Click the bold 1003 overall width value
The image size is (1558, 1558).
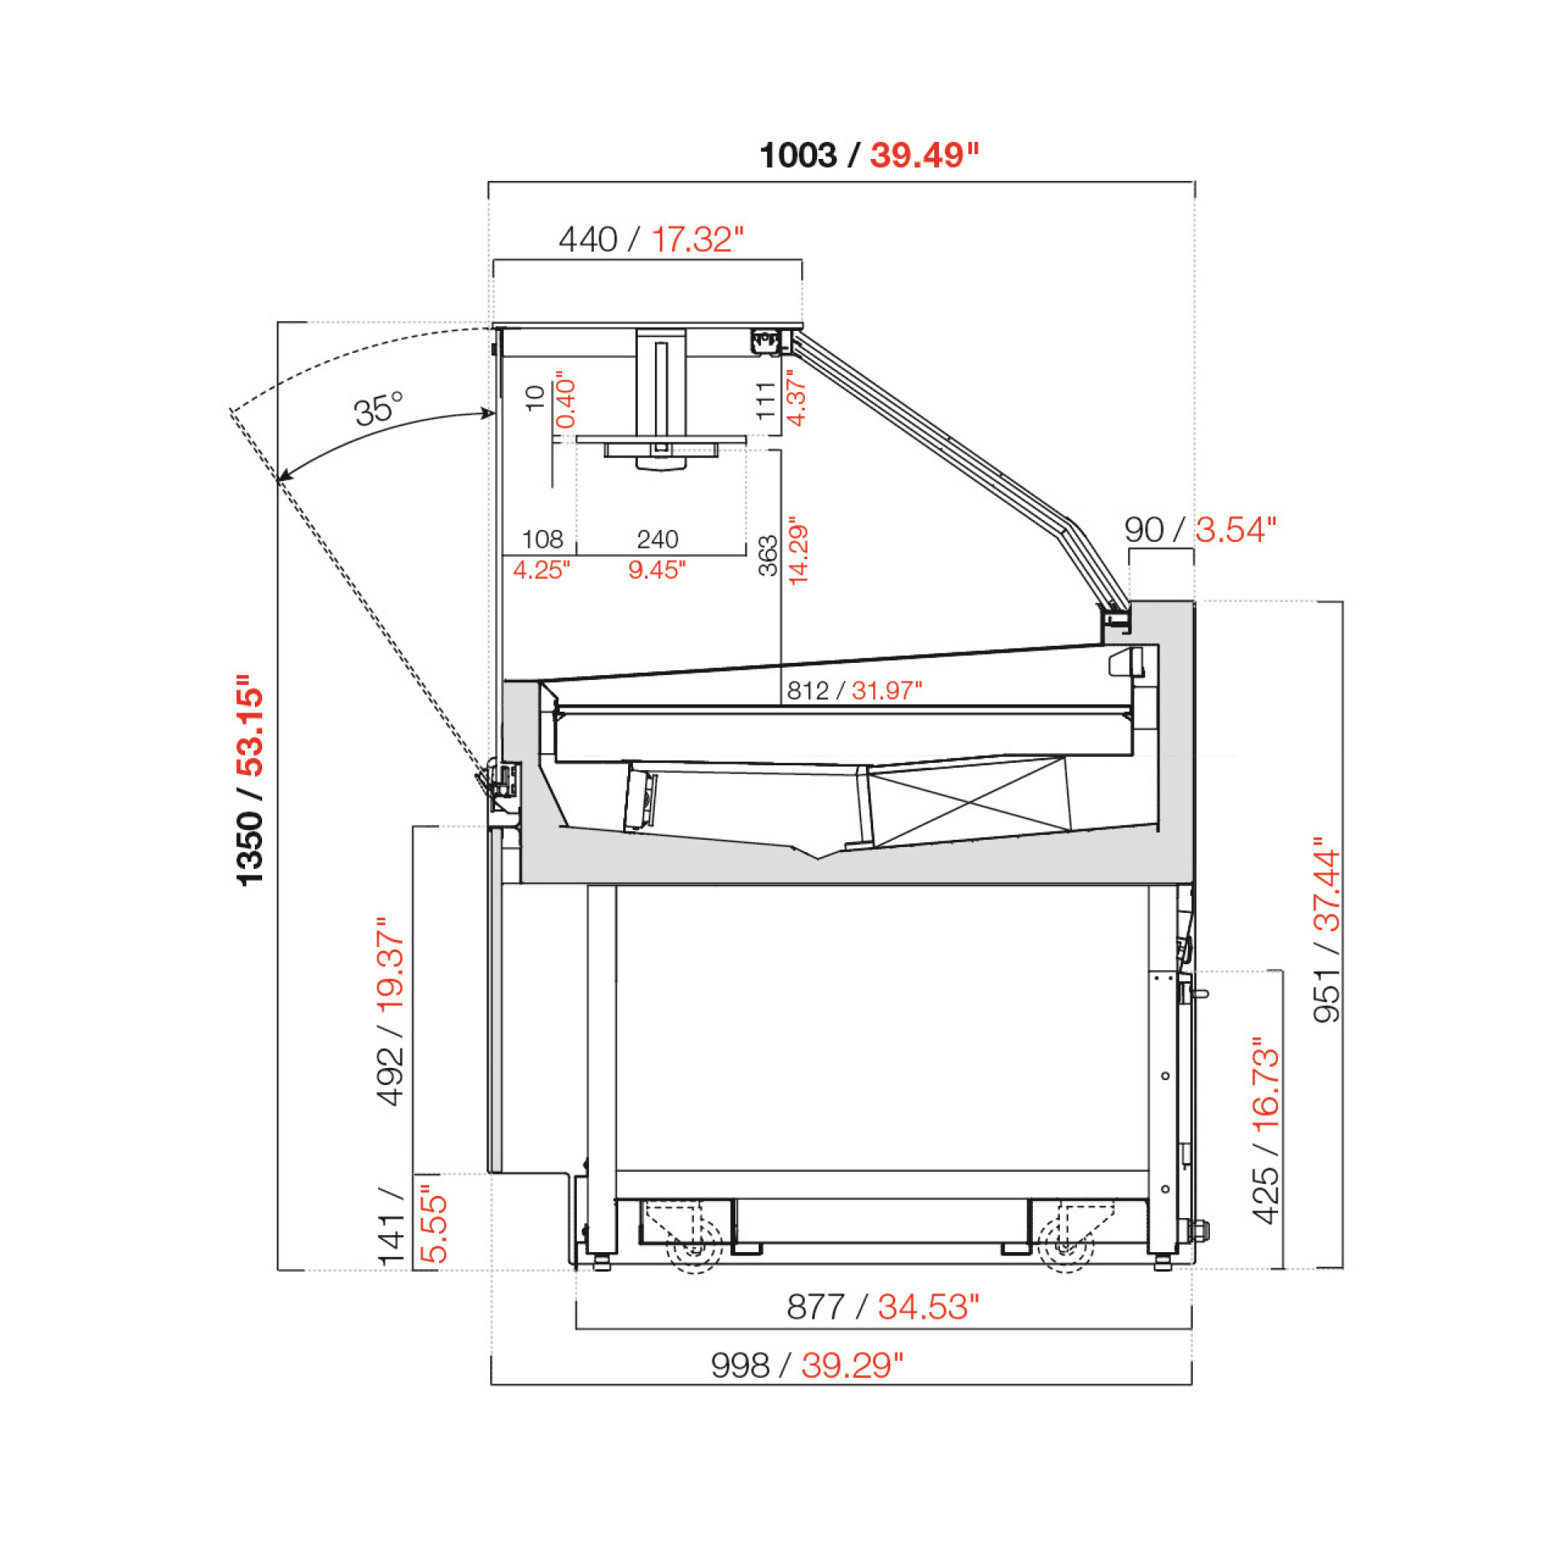click(x=798, y=155)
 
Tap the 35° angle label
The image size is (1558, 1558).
click(x=378, y=409)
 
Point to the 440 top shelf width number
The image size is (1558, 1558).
click(x=587, y=240)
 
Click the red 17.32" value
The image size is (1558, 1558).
click(x=697, y=240)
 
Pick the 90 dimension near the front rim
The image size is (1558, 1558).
click(x=1143, y=530)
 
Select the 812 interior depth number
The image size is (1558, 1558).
click(x=807, y=691)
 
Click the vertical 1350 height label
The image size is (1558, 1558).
click(x=251, y=847)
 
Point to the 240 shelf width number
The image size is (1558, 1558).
click(x=657, y=539)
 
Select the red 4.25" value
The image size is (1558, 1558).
click(x=541, y=570)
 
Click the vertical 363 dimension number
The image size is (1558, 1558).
click(x=768, y=556)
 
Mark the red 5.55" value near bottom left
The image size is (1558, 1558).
click(x=434, y=1229)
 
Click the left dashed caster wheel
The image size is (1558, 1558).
click(x=695, y=1246)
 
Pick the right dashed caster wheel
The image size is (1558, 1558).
click(x=1065, y=1246)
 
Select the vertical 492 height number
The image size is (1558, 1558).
click(x=390, y=1076)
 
